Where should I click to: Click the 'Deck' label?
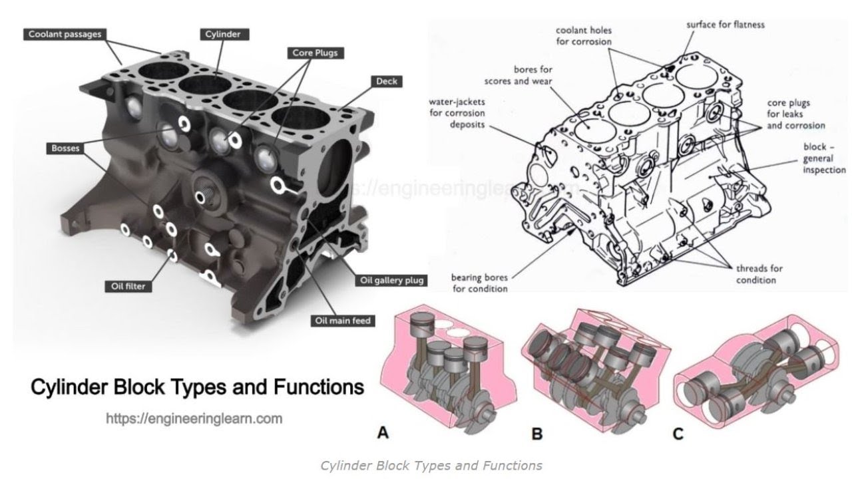coord(386,81)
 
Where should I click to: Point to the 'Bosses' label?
coord(65,148)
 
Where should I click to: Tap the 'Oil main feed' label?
coord(342,321)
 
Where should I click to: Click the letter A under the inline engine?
coord(383,433)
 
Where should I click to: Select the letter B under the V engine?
coord(537,434)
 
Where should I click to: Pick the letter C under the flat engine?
coord(678,434)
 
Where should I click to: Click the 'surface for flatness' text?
coord(725,25)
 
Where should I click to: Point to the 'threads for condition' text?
coord(759,274)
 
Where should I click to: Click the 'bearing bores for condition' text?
coord(479,283)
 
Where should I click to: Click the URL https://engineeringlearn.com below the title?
coord(194,418)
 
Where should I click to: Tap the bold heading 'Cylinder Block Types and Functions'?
coord(197,387)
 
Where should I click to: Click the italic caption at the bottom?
coord(431,465)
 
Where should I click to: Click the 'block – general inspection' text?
coord(823,158)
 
